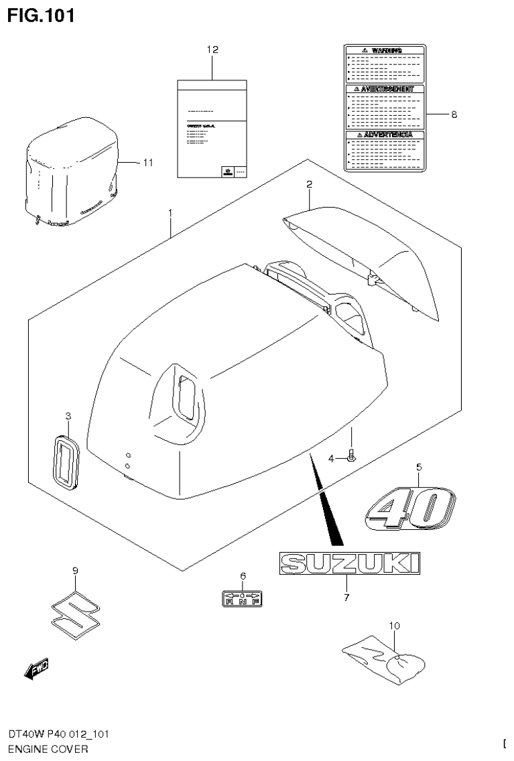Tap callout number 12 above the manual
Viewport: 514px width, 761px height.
point(212,50)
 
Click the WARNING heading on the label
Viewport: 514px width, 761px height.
point(385,50)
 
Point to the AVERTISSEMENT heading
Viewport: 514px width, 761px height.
point(385,88)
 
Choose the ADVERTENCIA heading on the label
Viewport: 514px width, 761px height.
point(385,135)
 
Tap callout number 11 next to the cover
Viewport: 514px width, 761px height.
point(148,162)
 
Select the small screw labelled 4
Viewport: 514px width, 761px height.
point(352,457)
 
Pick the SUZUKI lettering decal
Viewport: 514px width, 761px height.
point(350,563)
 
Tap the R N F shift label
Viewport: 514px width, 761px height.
point(241,598)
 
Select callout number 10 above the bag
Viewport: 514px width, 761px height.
point(394,626)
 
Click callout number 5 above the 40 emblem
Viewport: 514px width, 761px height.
point(419,466)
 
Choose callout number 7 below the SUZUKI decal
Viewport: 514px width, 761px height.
point(346,598)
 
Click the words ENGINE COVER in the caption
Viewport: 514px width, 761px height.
point(48,749)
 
